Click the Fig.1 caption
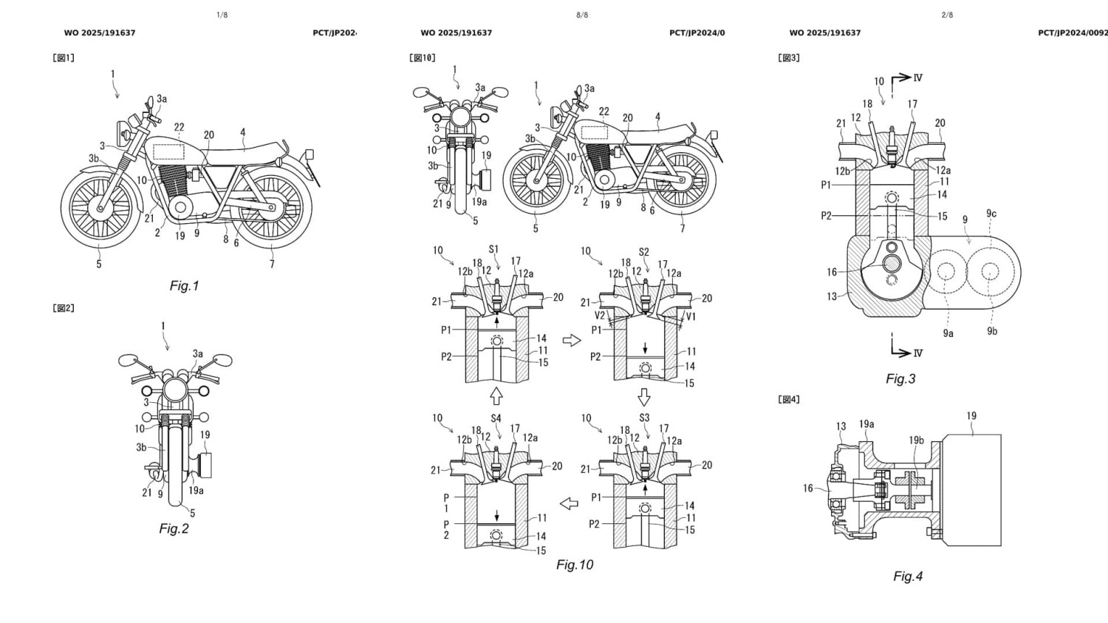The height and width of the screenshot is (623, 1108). point(184,286)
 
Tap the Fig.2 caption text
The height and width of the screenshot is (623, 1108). point(174,528)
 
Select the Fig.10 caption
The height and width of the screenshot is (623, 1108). point(575,565)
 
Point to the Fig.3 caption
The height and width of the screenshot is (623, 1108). point(900,379)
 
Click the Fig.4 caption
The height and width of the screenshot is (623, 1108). point(908,576)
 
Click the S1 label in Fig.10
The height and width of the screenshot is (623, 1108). point(493,250)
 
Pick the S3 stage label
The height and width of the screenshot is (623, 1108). point(644,418)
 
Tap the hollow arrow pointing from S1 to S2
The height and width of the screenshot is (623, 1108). point(572,340)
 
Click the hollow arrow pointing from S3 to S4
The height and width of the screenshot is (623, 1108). point(569,504)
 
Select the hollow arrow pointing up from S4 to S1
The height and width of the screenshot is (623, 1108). point(496,396)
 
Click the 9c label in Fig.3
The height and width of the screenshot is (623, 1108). point(991,214)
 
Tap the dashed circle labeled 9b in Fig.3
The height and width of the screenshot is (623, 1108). point(990,272)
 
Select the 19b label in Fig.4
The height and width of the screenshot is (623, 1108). point(916,440)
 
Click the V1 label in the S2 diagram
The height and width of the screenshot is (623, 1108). point(691,316)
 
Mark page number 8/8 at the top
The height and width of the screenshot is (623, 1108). point(582,15)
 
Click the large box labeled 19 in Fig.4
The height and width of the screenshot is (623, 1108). point(971,491)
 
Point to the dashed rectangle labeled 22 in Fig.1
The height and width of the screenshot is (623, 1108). point(168,152)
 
